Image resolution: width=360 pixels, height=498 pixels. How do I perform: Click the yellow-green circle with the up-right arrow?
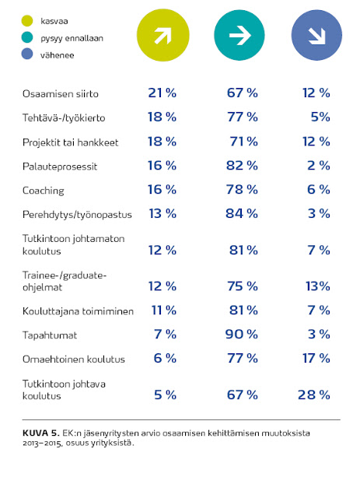(163, 35)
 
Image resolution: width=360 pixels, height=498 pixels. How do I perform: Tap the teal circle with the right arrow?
(239, 35)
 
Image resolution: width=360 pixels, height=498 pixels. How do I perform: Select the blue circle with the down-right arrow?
(316, 35)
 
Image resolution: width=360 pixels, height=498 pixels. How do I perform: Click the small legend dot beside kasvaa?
(27, 21)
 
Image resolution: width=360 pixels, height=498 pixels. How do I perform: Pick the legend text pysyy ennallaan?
(72, 38)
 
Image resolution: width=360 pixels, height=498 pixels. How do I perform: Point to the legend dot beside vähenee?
(27, 54)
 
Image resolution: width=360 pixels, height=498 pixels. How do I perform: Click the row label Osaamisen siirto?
(61, 94)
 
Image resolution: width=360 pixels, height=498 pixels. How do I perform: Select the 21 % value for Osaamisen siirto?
(163, 93)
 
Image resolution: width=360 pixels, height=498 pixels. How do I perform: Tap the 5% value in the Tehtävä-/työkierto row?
(320, 117)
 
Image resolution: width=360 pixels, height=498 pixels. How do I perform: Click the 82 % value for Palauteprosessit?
(242, 166)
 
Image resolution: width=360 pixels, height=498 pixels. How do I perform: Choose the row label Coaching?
(44, 191)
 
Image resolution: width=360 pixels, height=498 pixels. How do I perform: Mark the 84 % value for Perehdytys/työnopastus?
(242, 214)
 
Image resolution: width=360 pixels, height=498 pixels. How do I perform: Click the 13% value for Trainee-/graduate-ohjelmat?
(318, 286)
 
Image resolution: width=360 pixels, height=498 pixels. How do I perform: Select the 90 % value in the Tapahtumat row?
(241, 335)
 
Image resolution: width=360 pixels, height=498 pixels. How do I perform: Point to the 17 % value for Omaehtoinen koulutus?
(316, 359)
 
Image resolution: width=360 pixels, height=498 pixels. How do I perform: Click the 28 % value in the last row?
(314, 395)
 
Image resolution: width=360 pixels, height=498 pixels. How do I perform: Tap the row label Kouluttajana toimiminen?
(78, 311)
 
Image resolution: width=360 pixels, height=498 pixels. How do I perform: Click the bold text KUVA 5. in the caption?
(41, 433)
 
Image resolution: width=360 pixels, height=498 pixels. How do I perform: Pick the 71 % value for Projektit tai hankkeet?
(243, 142)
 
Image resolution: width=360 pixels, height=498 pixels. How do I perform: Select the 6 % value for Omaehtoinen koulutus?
(165, 359)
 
